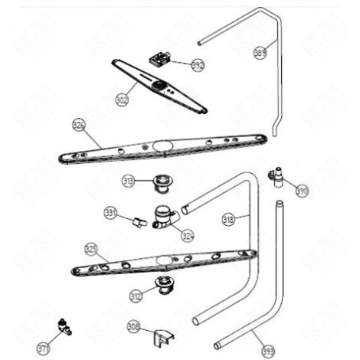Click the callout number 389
pos(260,52)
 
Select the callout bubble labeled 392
pos(198,66)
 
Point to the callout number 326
pos(79,123)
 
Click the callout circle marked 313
pos(128,181)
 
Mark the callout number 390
pos(302,191)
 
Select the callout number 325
pos(91,248)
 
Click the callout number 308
pos(133,327)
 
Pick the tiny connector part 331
pos(138,222)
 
